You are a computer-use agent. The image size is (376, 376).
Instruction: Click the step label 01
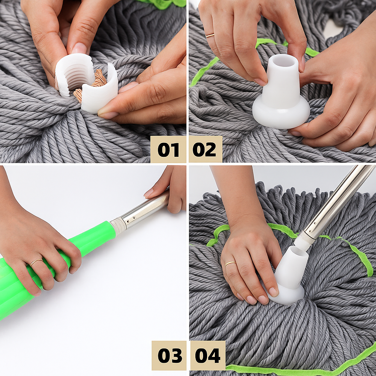tap(169, 149)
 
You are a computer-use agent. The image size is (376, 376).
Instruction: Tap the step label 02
tap(205, 149)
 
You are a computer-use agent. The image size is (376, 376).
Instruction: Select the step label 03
tap(169, 355)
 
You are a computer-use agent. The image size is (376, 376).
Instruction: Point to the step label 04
tap(207, 355)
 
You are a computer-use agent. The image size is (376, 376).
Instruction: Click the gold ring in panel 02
tap(210, 35)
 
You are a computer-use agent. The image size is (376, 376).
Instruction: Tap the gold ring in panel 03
tap(36, 261)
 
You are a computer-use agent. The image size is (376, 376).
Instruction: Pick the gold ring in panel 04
tap(231, 263)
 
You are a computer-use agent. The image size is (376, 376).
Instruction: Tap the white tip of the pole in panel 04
tap(304, 241)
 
